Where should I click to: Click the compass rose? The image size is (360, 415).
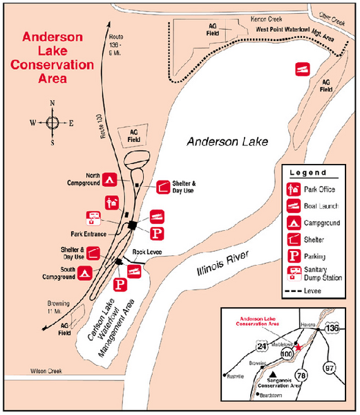[x=53, y=123]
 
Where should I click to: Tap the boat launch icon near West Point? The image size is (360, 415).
[x=302, y=69]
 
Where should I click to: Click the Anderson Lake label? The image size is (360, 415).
[x=227, y=141]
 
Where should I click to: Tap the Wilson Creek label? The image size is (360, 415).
[x=46, y=372]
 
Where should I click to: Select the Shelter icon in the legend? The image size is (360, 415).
[x=294, y=239]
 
